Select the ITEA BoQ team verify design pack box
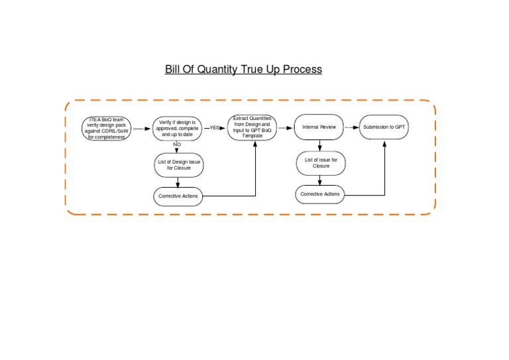point(106,128)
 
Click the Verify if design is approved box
point(177,128)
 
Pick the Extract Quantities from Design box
point(253,127)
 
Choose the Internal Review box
point(319,127)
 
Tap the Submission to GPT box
point(384,127)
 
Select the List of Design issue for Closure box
point(178,165)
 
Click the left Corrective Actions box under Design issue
point(178,196)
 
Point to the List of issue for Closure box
point(321,162)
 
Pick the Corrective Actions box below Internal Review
point(320,194)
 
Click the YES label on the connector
point(215,127)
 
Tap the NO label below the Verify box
point(177,144)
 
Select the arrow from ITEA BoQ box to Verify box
point(142,129)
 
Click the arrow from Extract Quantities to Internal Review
point(285,127)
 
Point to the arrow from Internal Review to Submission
point(351,127)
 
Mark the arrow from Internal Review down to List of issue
point(319,145)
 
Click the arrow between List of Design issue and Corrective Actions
point(178,182)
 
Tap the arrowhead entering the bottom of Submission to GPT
point(384,143)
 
